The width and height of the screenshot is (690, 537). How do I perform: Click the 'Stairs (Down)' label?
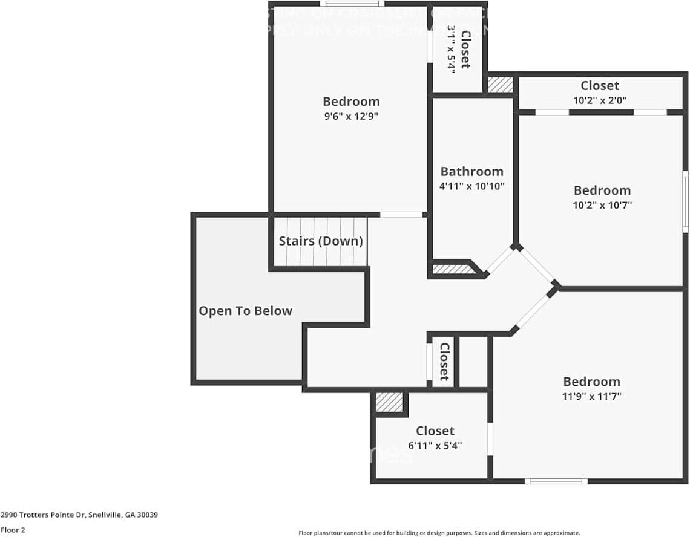click(x=321, y=241)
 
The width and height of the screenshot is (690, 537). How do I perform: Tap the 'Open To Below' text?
click(x=245, y=311)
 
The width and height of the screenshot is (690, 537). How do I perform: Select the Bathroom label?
click(x=471, y=171)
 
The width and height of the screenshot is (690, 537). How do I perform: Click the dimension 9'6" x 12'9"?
click(x=351, y=116)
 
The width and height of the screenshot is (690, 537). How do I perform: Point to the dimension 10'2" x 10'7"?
click(x=602, y=205)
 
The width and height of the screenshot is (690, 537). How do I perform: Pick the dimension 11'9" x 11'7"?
click(x=591, y=397)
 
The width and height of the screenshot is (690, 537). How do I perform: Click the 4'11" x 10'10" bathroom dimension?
click(x=471, y=186)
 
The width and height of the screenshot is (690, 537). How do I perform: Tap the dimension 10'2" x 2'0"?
click(x=600, y=100)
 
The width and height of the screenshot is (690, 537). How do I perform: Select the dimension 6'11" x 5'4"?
click(x=435, y=446)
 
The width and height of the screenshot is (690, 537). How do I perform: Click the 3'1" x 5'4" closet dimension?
click(x=451, y=49)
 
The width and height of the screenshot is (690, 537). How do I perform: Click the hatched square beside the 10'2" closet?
click(x=501, y=85)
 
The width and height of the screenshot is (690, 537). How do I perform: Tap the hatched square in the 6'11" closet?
click(x=389, y=403)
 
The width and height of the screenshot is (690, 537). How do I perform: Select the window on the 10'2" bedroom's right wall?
click(x=685, y=201)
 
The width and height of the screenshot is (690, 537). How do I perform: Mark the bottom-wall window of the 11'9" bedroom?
click(x=556, y=481)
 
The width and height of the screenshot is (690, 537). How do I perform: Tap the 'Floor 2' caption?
click(x=13, y=530)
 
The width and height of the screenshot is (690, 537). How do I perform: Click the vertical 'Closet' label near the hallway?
click(x=444, y=362)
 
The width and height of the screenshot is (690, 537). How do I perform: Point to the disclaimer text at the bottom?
click(x=439, y=533)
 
